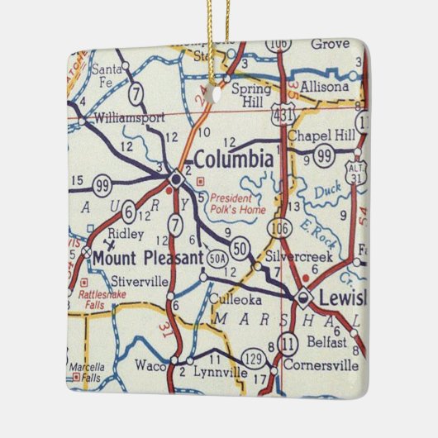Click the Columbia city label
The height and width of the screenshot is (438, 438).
232,158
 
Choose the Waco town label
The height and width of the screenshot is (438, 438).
150,364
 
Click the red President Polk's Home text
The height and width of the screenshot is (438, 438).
238,204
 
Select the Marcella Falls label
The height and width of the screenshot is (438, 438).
87,371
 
